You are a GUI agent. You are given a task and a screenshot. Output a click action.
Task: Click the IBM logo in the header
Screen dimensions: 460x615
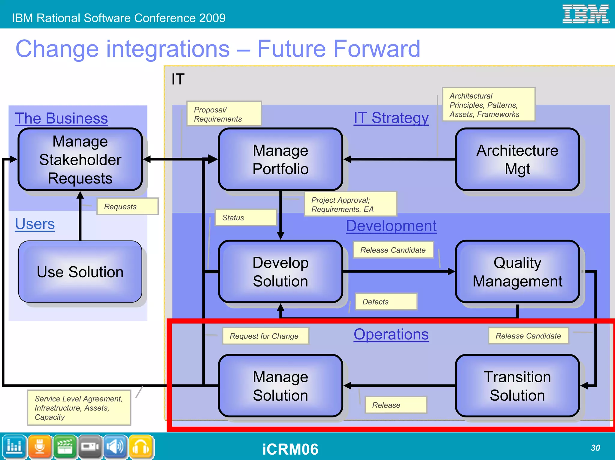tap(585, 14)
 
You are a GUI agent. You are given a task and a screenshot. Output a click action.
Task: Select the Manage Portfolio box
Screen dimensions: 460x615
tap(280, 160)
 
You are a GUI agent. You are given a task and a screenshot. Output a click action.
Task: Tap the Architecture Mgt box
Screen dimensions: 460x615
tap(517, 160)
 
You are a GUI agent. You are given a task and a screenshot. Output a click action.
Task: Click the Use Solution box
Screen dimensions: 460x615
tap(80, 272)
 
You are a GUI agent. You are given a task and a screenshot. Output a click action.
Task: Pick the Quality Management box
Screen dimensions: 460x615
tap(517, 272)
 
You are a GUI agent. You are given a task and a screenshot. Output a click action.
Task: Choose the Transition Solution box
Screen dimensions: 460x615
tap(517, 386)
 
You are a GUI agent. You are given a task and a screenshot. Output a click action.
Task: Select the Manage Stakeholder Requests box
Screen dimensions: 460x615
tap(80, 160)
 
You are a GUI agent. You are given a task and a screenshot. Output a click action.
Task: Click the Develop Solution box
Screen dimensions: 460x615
tap(280, 272)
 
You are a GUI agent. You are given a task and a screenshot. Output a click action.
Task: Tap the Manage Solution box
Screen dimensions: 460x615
tap(280, 386)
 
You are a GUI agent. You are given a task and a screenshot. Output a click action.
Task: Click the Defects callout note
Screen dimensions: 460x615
tap(386, 302)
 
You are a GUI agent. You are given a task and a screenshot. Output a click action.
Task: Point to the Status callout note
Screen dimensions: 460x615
tap(246, 218)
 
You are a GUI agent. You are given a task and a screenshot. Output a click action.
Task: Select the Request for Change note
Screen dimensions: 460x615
tap(265, 336)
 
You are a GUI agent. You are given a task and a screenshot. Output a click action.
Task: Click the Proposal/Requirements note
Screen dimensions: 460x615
tap(224, 114)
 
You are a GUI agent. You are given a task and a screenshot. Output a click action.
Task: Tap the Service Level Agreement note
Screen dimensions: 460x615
tap(79, 408)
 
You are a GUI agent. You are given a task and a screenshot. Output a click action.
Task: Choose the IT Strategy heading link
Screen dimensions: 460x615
tap(391, 118)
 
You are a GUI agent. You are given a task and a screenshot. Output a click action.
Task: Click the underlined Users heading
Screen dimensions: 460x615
tap(35, 224)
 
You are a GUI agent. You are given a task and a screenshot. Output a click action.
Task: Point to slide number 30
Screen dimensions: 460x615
tap(595, 448)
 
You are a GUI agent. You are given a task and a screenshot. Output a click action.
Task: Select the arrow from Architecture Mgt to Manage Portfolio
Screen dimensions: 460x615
tap(399, 160)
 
